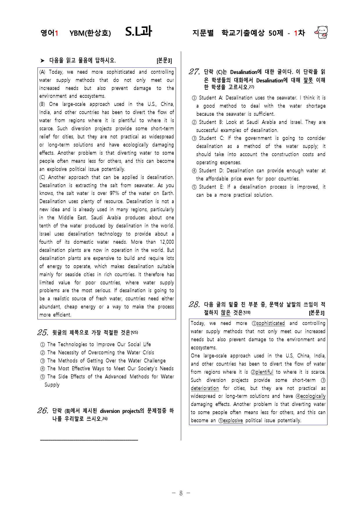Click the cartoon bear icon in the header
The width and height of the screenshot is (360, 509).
click(x=321, y=32)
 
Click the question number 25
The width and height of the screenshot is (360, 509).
click(x=42, y=332)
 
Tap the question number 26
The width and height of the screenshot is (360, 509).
click(x=42, y=410)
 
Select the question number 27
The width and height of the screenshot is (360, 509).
click(x=194, y=72)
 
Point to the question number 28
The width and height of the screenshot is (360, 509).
click(x=194, y=304)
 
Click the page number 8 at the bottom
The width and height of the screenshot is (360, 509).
click(x=181, y=493)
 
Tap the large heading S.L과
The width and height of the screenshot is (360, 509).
click(x=138, y=32)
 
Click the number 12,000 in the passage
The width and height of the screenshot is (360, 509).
click(x=167, y=242)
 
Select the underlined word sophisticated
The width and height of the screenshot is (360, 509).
click(x=271, y=323)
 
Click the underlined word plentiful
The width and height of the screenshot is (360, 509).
click(x=264, y=372)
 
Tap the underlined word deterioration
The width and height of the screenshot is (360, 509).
click(x=205, y=388)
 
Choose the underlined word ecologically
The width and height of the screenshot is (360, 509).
click(x=313, y=396)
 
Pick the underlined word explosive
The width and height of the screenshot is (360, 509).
click(x=233, y=420)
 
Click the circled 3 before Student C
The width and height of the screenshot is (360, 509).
click(x=194, y=138)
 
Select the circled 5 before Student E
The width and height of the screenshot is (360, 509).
click(x=194, y=187)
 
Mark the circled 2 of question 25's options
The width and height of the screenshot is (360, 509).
click(x=43, y=353)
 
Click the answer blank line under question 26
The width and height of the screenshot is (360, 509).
click(x=89, y=440)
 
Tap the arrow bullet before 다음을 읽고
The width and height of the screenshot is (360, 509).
click(x=43, y=61)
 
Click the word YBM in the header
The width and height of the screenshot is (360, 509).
click(x=77, y=33)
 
